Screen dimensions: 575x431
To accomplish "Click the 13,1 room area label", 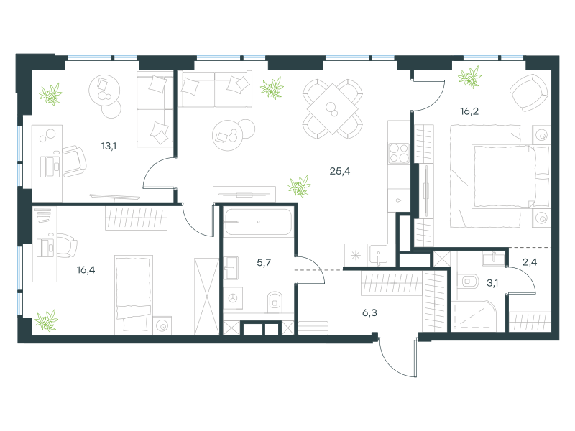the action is pyautogui.click(x=109, y=147).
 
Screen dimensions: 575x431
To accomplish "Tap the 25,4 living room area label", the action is pyautogui.click(x=340, y=171).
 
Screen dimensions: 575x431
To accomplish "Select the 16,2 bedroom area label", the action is pyautogui.click(x=469, y=111).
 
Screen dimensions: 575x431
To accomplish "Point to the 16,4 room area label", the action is pyautogui.click(x=86, y=270).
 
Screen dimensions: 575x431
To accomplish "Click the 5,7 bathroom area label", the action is pyautogui.click(x=264, y=262).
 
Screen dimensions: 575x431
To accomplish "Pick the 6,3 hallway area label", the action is pyautogui.click(x=369, y=312).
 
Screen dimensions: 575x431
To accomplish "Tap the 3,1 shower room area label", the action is pyautogui.click(x=492, y=283).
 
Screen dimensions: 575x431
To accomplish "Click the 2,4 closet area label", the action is pyautogui.click(x=530, y=261).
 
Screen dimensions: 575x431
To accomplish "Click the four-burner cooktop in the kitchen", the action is pyautogui.click(x=399, y=153).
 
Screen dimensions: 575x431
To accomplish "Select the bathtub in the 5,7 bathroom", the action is pyautogui.click(x=259, y=222).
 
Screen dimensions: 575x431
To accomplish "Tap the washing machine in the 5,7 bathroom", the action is pyautogui.click(x=233, y=298).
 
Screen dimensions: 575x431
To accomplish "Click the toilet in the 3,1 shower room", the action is pyautogui.click(x=469, y=282).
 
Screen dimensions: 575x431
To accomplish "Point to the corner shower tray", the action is pyautogui.click(x=473, y=316).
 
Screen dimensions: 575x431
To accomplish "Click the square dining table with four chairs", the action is pyautogui.click(x=333, y=109).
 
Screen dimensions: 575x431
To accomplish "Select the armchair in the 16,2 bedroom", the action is pyautogui.click(x=528, y=93).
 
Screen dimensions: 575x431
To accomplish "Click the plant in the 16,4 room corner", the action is pyautogui.click(x=46, y=320).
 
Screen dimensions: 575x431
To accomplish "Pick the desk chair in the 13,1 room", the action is pyautogui.click(x=75, y=162).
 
